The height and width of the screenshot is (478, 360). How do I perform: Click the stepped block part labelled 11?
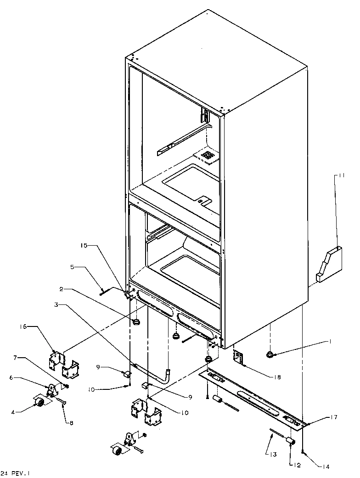[x=329, y=265]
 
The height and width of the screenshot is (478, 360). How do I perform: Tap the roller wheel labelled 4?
[x=39, y=403]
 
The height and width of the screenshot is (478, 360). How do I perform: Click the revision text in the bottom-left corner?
[x=17, y=473]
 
